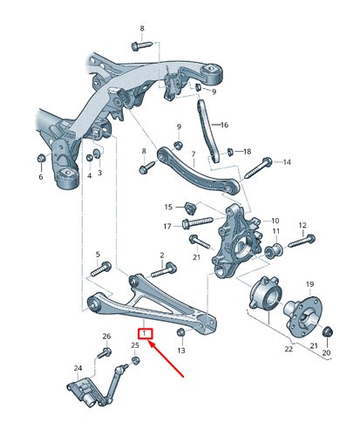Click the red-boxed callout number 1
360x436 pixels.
(147, 332)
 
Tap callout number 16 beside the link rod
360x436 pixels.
(224, 126)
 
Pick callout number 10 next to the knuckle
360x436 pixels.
(275, 221)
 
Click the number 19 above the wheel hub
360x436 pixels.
(309, 285)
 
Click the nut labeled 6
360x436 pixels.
(40, 159)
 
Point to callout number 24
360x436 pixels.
(77, 369)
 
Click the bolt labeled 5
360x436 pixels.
(104, 268)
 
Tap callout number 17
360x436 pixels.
(166, 226)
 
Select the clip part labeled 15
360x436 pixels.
(187, 207)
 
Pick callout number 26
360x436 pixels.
(106, 336)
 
